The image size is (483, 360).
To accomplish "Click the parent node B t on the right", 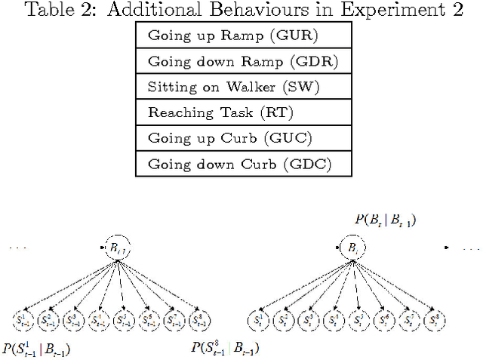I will [x=351, y=248].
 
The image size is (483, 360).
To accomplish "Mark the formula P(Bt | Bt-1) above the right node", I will [x=385, y=220].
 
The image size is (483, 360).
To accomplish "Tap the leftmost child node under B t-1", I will [x=24, y=319].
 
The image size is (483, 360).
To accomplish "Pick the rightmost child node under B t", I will [x=432, y=319].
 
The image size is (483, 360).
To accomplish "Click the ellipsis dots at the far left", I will [x=17, y=248].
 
